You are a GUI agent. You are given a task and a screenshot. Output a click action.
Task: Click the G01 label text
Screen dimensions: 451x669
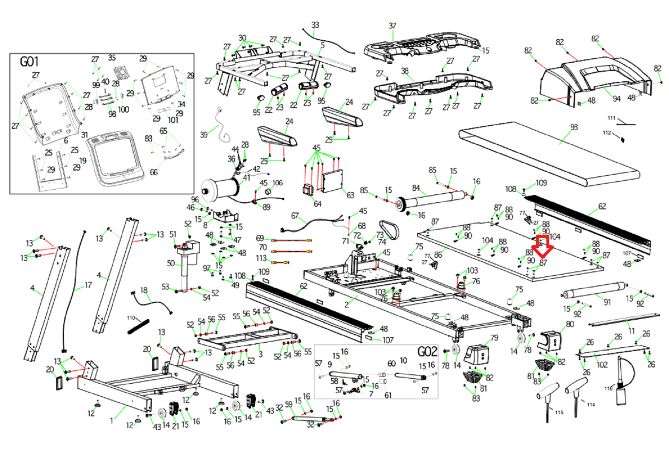(29, 62)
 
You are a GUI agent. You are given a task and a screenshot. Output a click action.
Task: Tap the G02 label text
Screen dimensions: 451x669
(427, 352)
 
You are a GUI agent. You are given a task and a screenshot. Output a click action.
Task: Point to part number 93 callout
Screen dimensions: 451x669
(574, 127)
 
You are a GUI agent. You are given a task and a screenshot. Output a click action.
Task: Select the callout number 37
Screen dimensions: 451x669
(392, 26)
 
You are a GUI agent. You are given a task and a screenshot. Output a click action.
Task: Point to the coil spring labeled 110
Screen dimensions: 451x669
(138, 326)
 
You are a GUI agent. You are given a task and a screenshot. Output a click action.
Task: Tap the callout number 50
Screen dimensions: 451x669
(171, 263)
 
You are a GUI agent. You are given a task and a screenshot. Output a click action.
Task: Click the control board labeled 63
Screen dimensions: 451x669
(332, 181)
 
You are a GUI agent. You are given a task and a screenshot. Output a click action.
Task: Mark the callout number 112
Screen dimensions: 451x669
(607, 133)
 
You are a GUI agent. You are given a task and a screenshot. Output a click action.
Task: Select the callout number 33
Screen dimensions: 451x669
(315, 25)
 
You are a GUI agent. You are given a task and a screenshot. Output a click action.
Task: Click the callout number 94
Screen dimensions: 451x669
(616, 99)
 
